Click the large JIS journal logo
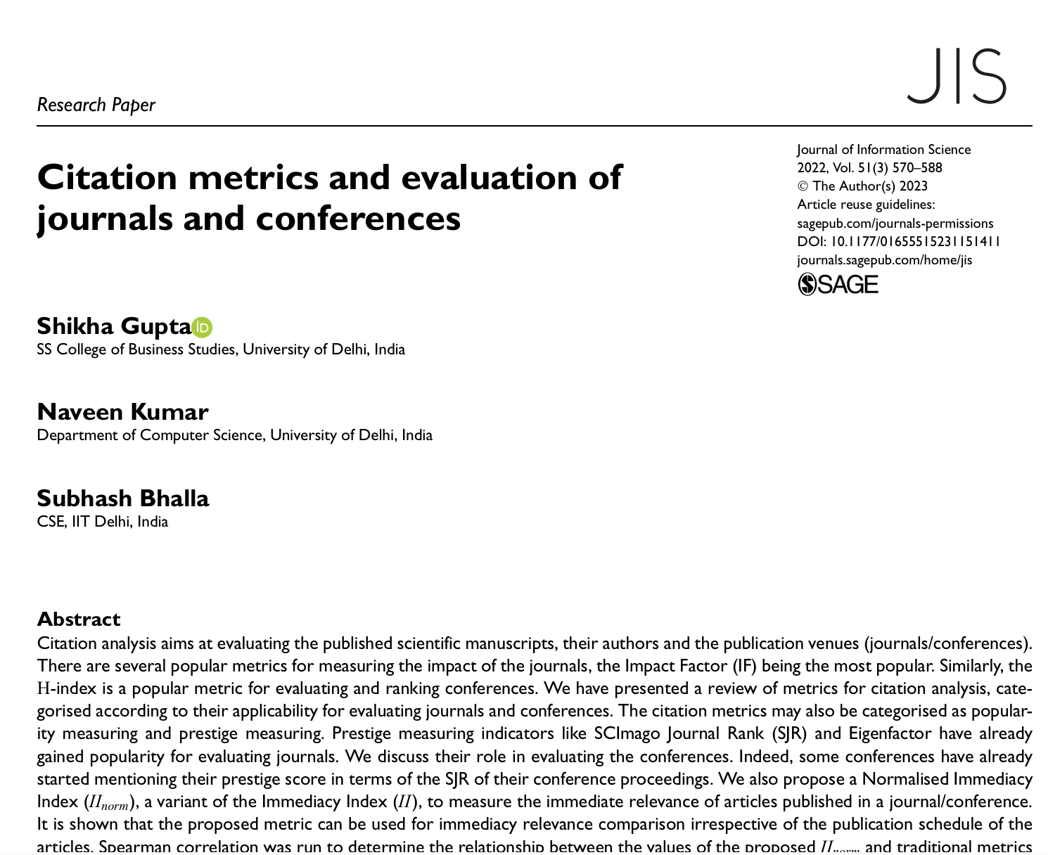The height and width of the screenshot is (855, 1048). tap(957, 76)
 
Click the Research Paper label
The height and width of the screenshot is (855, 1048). tap(96, 105)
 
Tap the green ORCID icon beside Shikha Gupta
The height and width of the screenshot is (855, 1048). tap(203, 327)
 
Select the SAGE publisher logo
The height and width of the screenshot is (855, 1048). tap(838, 284)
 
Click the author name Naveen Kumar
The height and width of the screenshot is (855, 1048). tap(122, 412)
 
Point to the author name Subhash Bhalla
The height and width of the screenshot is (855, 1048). tap(122, 499)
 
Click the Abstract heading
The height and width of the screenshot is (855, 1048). tap(78, 619)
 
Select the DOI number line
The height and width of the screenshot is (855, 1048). tap(898, 241)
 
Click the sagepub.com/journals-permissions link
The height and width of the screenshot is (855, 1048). tap(895, 223)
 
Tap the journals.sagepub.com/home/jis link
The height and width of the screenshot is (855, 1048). tap(884, 259)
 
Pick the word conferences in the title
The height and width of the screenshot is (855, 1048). tap(357, 218)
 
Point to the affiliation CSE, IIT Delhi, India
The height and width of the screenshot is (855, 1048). tap(102, 522)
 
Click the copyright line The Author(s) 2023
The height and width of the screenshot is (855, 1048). tap(862, 186)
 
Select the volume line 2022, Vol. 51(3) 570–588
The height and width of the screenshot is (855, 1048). tap(869, 167)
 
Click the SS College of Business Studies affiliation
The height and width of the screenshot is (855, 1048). tap(220, 349)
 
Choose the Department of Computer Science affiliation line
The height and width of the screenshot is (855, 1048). tap(234, 435)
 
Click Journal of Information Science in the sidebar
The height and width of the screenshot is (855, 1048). tap(883, 149)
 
